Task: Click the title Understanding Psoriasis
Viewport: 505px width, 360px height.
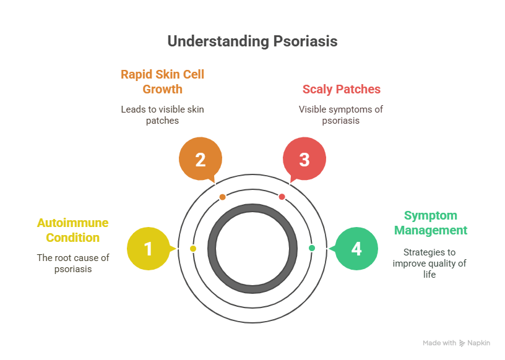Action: (x=252, y=41)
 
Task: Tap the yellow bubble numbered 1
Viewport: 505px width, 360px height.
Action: (x=148, y=249)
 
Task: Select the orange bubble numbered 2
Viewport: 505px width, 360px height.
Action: (x=200, y=160)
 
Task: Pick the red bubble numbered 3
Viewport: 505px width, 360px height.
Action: (x=304, y=160)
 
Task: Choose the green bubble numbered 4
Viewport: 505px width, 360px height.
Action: (x=356, y=249)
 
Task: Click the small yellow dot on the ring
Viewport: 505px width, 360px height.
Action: (x=193, y=249)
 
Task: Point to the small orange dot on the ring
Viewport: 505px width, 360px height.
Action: (x=223, y=197)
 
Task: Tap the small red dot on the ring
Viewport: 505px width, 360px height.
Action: (x=282, y=197)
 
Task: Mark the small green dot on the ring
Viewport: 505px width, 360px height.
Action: (x=312, y=248)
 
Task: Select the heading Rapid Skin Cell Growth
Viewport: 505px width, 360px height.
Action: (x=162, y=82)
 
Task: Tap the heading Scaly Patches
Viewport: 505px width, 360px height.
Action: (x=341, y=89)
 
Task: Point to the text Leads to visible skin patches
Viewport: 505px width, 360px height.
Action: (x=162, y=115)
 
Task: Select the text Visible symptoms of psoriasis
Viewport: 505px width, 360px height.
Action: (x=341, y=115)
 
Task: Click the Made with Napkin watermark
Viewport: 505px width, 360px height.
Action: (x=456, y=343)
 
